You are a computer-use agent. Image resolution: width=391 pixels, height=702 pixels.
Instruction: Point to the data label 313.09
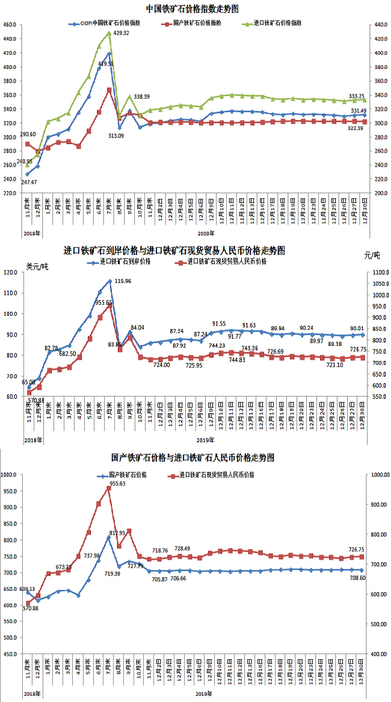[116, 136]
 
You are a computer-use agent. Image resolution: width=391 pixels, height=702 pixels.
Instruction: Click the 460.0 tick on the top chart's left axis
[10, 25]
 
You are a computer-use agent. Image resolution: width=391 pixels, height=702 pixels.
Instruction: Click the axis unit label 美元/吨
[38, 265]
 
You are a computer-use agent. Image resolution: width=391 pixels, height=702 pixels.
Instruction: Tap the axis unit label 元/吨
[372, 255]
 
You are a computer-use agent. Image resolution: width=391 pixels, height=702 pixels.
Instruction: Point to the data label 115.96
[123, 281]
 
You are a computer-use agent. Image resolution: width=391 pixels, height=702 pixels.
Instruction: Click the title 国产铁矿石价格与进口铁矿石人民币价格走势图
[192, 458]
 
